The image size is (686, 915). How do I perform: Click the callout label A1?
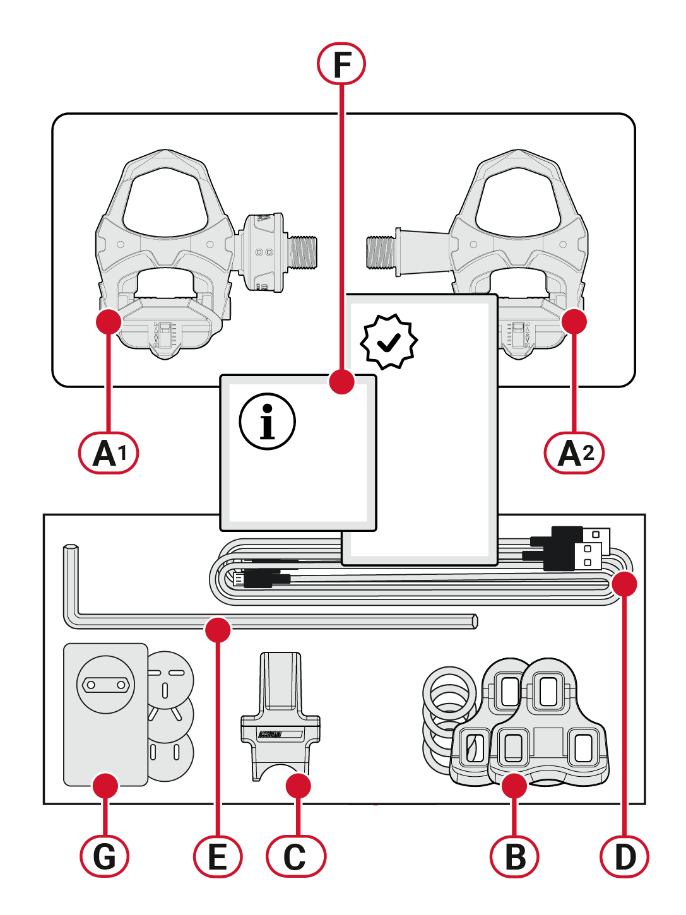(108, 452)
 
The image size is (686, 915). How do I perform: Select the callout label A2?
(574, 452)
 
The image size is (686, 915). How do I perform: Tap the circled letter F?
(341, 64)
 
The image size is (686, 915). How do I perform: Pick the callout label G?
(105, 856)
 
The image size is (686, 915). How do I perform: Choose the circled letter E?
(218, 856)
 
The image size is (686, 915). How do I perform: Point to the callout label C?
(295, 856)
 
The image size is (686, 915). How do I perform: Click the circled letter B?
(515, 856)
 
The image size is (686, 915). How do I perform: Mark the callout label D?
(625, 856)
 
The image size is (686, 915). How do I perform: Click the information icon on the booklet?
(267, 422)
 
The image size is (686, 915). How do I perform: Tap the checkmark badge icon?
(389, 341)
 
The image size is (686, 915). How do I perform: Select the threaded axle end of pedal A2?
(381, 251)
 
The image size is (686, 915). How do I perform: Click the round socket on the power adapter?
(105, 684)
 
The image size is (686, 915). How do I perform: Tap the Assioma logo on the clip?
(270, 735)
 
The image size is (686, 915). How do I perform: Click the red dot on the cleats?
(515, 786)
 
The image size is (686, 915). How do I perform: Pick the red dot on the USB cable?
(625, 584)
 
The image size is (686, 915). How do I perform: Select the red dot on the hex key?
(218, 629)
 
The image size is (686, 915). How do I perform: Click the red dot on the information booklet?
(341, 382)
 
